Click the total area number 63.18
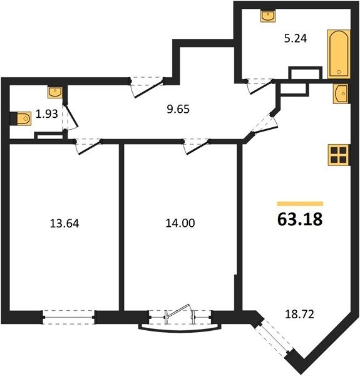point(300,219)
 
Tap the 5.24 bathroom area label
point(296,38)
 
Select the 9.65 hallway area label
point(178,109)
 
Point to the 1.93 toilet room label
point(47,114)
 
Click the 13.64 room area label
point(64,224)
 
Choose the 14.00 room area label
point(180,223)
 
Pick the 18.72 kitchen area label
point(299,314)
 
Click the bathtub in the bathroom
point(339,54)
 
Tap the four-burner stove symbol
point(339,155)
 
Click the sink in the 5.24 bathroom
point(268,16)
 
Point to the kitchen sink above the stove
point(341,94)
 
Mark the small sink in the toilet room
point(55,92)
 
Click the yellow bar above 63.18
point(300,204)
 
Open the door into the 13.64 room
point(88,147)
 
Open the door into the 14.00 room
point(197,147)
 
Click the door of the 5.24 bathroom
point(260,86)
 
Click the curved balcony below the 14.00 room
point(180,330)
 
